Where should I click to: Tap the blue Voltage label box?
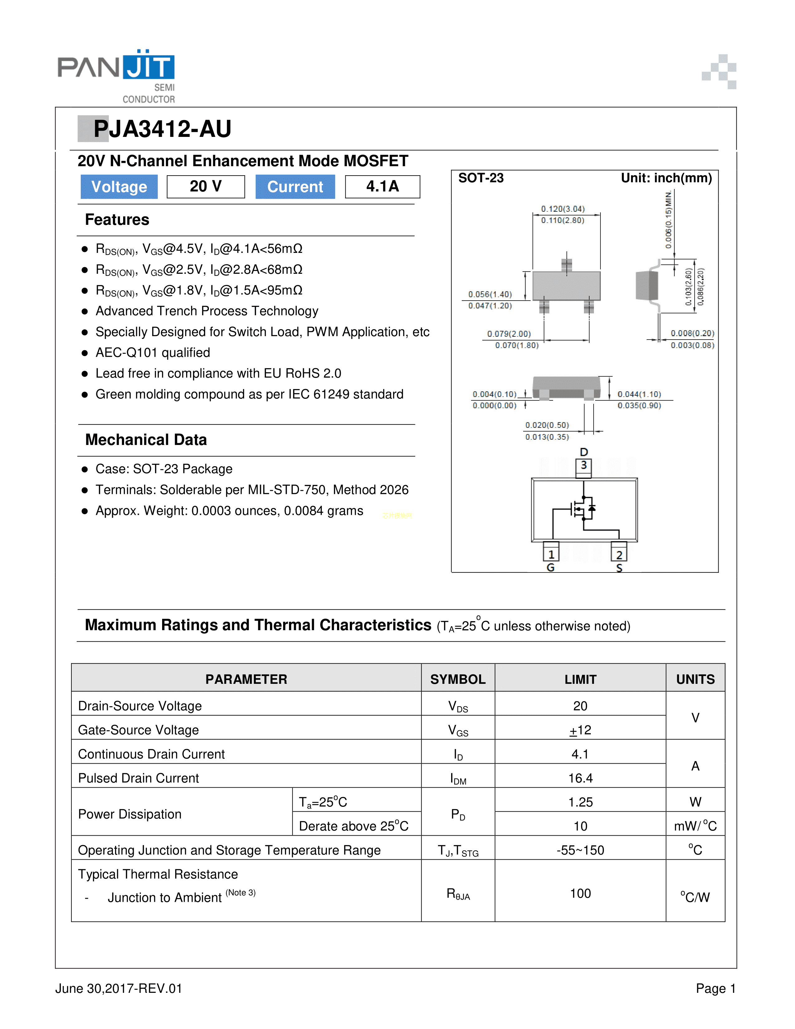(x=119, y=186)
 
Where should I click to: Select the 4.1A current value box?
(x=383, y=186)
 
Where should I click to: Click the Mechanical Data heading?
(x=146, y=440)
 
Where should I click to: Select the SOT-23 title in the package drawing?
(x=481, y=178)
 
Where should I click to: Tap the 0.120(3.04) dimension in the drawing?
(x=563, y=209)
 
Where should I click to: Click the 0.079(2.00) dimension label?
(x=509, y=334)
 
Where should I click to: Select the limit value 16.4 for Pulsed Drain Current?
(x=580, y=778)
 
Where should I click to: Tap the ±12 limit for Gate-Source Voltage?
(x=580, y=730)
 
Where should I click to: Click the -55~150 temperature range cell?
(x=580, y=850)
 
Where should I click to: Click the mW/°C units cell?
(x=695, y=826)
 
